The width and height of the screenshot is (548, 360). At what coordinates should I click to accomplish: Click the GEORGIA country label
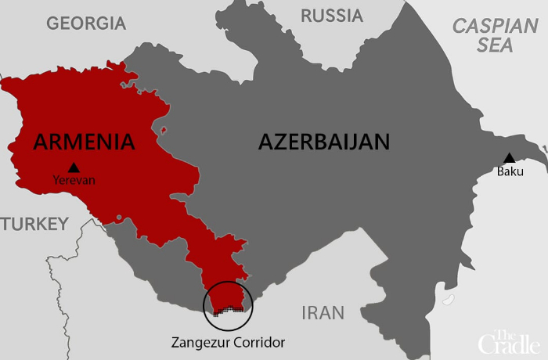coord(85,23)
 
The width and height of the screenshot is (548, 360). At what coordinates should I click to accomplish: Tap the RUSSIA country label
coord(332,16)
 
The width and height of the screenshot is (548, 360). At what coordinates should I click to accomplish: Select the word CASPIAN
coord(495,26)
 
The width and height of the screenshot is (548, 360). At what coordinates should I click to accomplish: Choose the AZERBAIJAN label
coord(323,142)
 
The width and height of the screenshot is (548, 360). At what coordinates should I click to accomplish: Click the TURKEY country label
coord(34,225)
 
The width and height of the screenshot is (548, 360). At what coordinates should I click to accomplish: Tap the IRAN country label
coord(323,313)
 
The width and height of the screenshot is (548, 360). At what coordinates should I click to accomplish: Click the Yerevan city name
coord(74,180)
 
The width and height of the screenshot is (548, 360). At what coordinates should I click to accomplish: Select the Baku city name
coord(510,171)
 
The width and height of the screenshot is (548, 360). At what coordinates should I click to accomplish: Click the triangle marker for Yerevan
coord(74,167)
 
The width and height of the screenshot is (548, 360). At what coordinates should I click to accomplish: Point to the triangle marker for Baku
coord(510,158)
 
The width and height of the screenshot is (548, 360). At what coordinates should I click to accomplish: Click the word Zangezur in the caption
coord(202,342)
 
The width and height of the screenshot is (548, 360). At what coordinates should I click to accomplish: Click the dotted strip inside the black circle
coord(227,311)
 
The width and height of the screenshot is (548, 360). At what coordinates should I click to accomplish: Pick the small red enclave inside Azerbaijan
coord(163,129)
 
